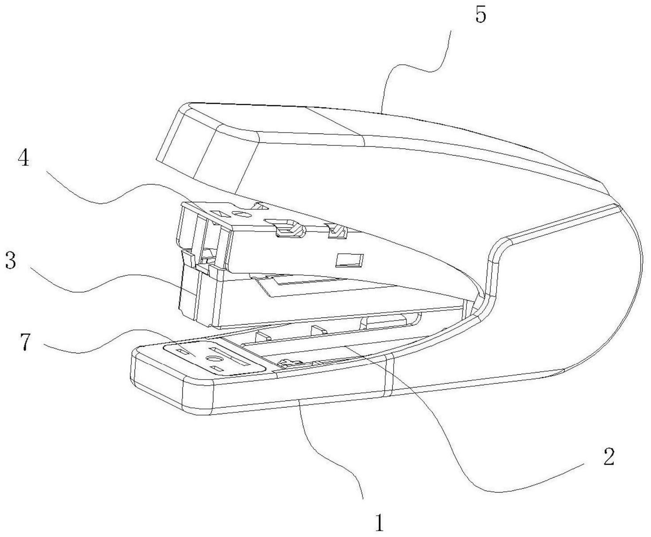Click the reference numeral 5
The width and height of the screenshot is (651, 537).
pyautogui.click(x=481, y=15)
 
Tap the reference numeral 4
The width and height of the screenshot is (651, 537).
pyautogui.click(x=24, y=158)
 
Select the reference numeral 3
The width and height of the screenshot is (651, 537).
pyautogui.click(x=11, y=261)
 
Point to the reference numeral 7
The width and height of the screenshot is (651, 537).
pyautogui.click(x=26, y=342)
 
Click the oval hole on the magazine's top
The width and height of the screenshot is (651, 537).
pyautogui.click(x=242, y=215)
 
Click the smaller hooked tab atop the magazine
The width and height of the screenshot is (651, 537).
pyautogui.click(x=336, y=231)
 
